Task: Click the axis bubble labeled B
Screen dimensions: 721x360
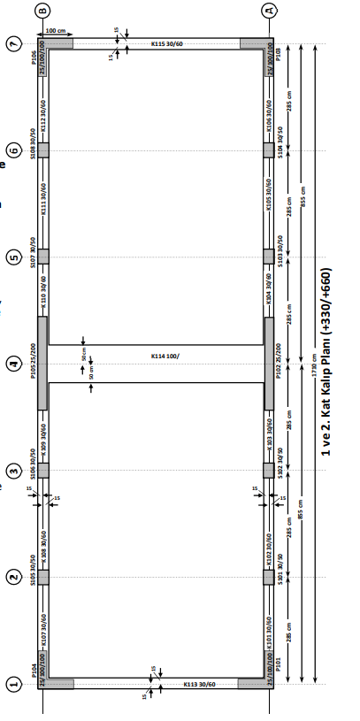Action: point(42,10)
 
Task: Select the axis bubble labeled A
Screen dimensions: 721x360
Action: point(270,10)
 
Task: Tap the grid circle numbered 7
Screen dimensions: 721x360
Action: point(13,43)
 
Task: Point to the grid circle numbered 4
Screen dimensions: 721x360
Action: point(13,363)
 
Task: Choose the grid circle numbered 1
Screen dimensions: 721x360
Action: point(13,684)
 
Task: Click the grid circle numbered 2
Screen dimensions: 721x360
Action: point(13,577)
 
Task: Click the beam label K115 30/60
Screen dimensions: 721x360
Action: point(167,43)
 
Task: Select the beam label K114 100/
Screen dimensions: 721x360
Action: point(165,356)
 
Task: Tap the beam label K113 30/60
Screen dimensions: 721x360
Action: point(199,684)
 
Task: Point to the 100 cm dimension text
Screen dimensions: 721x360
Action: point(57,31)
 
